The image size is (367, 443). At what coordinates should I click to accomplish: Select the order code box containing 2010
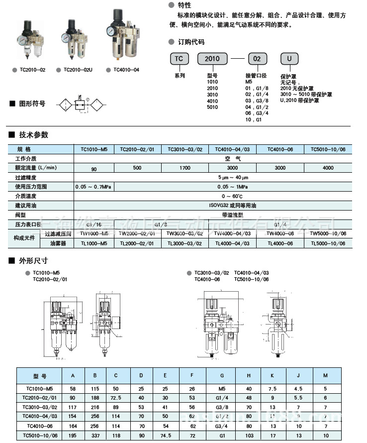pyautogui.click(x=212, y=59)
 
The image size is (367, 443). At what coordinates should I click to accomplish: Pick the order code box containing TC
pyautogui.click(x=180, y=59)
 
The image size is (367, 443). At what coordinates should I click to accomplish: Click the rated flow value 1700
pyautogui.click(x=184, y=168)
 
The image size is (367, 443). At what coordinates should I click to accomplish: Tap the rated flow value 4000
pyautogui.click(x=328, y=168)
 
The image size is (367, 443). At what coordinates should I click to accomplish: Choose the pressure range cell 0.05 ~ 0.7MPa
pyautogui.click(x=93, y=187)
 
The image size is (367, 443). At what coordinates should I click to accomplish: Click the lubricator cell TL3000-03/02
pyautogui.click(x=184, y=243)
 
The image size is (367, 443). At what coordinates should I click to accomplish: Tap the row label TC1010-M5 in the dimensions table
pyautogui.click(x=39, y=387)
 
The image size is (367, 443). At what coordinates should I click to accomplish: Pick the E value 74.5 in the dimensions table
pyautogui.click(x=165, y=436)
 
